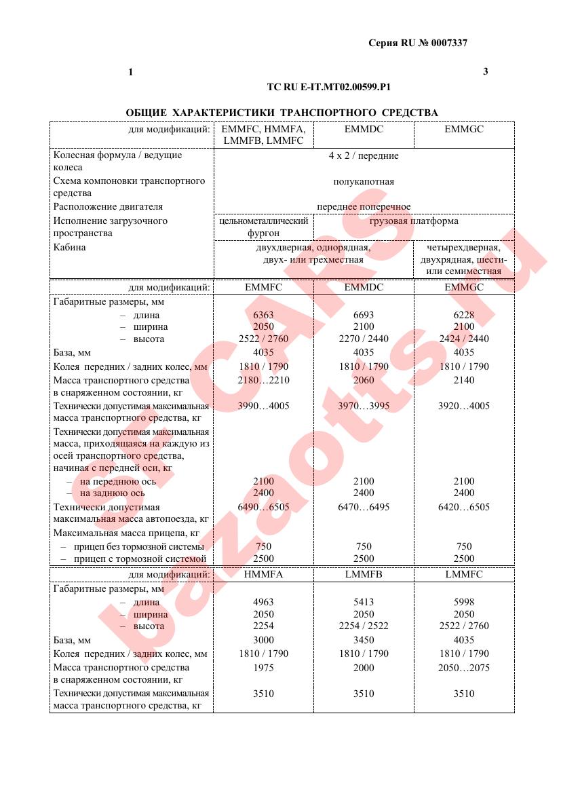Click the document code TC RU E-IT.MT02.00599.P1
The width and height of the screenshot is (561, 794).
[x=329, y=88]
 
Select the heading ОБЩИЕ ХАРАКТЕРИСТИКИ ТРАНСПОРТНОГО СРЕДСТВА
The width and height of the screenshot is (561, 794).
[x=282, y=113]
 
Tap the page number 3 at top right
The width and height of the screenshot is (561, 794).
[x=485, y=71]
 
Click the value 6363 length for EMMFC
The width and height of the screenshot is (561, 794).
[x=263, y=315]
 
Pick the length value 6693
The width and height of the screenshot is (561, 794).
[x=364, y=315]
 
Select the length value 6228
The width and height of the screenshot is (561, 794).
[x=464, y=315]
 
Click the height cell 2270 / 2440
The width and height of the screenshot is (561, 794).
[x=364, y=339]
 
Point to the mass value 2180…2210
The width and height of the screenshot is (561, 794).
[x=263, y=380]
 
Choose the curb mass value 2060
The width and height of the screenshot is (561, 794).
[x=364, y=380]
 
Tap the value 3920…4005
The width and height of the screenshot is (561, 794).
[x=464, y=406]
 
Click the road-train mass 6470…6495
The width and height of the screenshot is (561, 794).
[x=364, y=507]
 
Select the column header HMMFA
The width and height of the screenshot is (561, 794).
[x=263, y=574]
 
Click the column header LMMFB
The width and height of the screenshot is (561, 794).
[x=364, y=574]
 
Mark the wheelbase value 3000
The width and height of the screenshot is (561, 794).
[x=263, y=640]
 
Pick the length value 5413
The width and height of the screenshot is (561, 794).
[x=364, y=602]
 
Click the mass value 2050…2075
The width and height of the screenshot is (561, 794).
[x=464, y=668]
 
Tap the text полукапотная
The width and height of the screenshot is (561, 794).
[x=364, y=182]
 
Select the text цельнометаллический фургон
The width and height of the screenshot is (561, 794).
[x=263, y=227]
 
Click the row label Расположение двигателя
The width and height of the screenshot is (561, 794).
[x=109, y=207]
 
